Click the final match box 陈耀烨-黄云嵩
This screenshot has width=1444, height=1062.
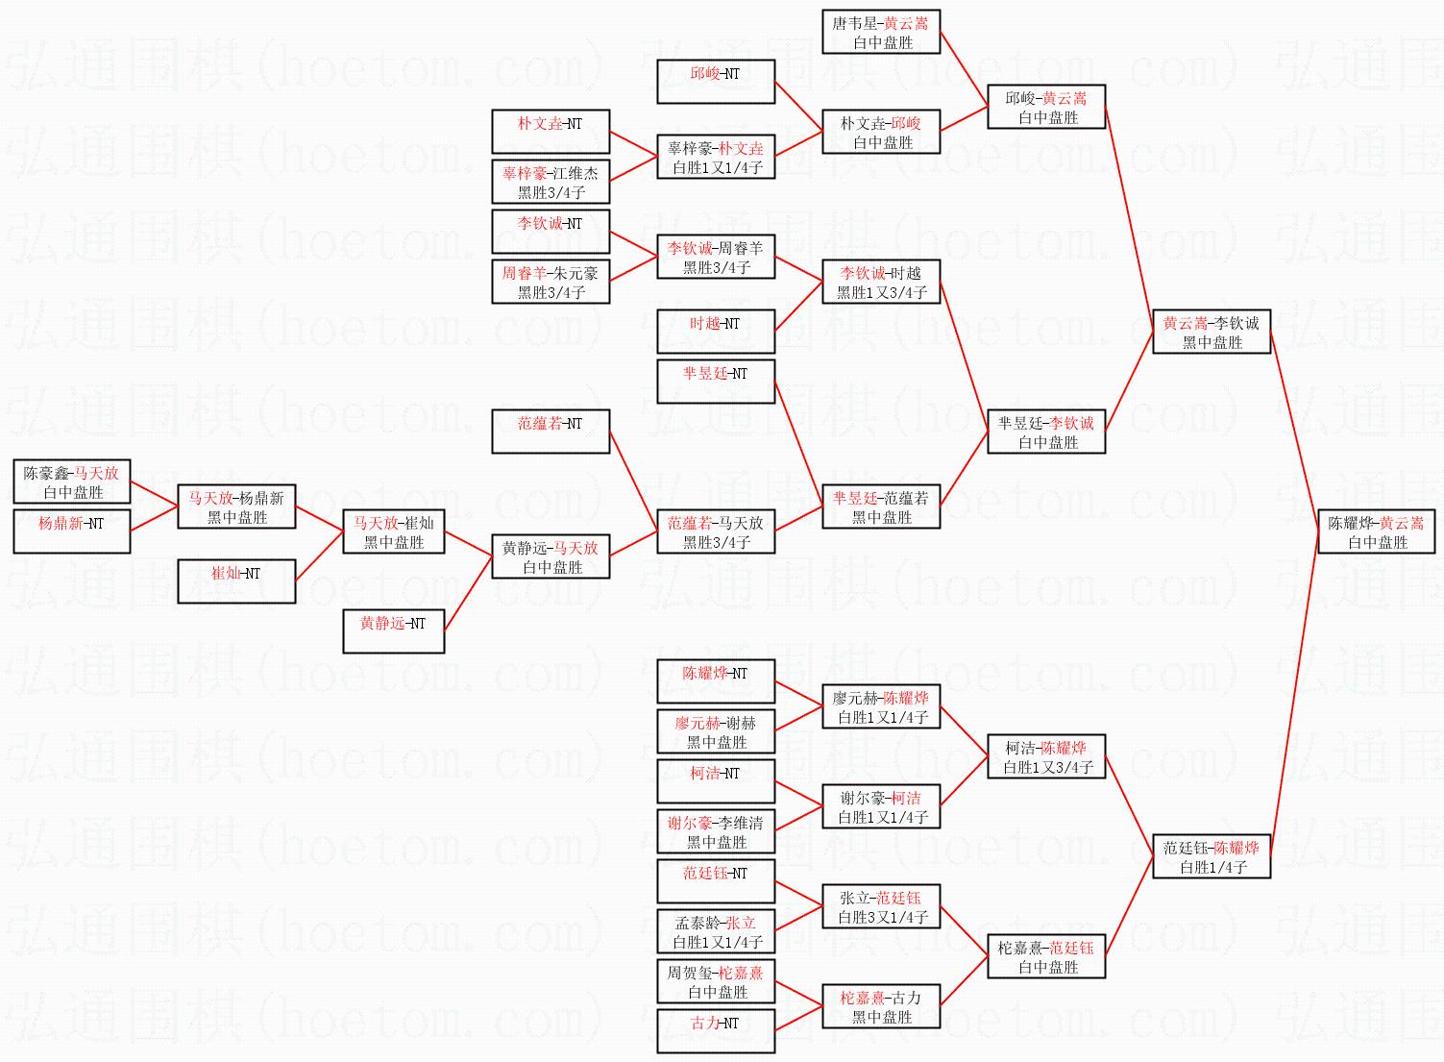(1377, 531)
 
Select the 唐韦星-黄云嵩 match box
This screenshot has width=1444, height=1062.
(881, 32)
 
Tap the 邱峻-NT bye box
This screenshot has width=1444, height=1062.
(716, 82)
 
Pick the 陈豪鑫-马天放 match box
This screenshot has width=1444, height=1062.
(71, 482)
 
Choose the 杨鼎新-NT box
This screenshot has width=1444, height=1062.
(71, 531)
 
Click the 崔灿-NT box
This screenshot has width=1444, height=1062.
(236, 580)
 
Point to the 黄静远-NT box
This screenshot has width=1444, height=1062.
(393, 631)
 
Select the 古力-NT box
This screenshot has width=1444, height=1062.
(716, 1031)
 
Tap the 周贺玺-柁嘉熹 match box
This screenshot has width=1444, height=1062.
(716, 981)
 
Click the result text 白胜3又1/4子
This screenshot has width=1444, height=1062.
(883, 917)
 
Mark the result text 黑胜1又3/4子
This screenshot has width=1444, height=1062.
(881, 293)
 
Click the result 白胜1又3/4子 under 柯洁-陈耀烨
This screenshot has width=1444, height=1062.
(1047, 767)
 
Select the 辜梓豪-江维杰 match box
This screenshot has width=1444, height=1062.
(551, 182)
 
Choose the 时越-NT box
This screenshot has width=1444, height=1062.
(716, 332)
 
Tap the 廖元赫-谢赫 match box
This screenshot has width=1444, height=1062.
(716, 731)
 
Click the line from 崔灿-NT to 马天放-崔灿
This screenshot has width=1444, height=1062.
(319, 556)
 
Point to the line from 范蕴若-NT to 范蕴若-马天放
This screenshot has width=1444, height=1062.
(633, 482)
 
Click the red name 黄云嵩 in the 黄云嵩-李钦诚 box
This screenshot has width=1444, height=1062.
(1186, 323)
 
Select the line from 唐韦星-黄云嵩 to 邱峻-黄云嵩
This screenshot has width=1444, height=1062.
(964, 69)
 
